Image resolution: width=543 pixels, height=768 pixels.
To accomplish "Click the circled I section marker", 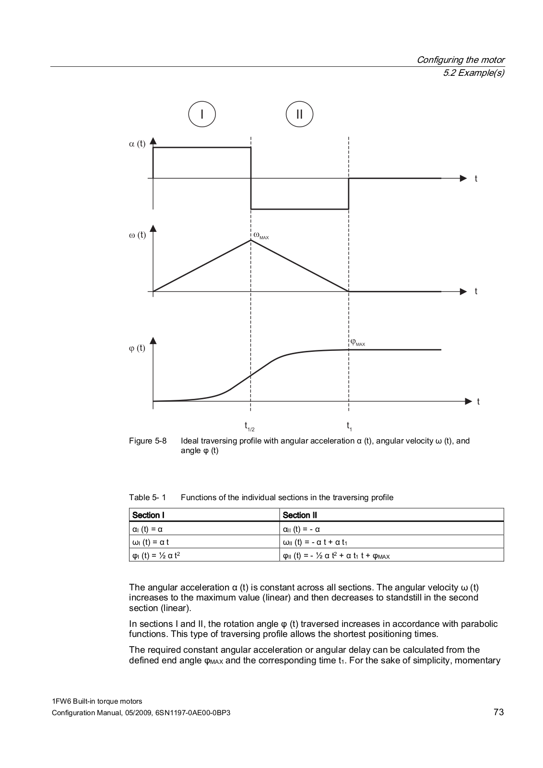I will click(202, 114).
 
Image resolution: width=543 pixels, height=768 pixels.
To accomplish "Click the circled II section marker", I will click(299, 114).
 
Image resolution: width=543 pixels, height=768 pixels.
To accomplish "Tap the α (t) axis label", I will click(137, 144).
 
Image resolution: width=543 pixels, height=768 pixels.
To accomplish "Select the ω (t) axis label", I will click(137, 235).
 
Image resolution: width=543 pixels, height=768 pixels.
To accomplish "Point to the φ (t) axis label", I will click(137, 348).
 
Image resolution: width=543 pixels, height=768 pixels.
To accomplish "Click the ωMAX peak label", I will click(261, 236).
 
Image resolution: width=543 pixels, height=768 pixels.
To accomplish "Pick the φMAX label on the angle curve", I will click(357, 343).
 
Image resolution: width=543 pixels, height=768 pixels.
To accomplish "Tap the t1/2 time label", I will click(249, 426).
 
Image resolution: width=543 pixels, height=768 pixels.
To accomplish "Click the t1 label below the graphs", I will click(349, 426).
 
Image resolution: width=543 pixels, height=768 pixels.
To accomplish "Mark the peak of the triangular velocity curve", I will click(251, 240).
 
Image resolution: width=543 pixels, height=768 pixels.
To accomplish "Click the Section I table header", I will click(148, 515).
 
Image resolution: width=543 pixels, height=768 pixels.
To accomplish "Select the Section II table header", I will click(300, 515).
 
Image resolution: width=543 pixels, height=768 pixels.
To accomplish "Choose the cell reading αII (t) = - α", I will click(301, 529).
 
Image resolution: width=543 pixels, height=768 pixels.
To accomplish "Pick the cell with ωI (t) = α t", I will click(151, 542).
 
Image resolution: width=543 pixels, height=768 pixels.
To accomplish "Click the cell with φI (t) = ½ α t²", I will click(156, 555).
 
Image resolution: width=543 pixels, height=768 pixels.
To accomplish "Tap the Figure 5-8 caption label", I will click(148, 441).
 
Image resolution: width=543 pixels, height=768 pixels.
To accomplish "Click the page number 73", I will click(498, 712).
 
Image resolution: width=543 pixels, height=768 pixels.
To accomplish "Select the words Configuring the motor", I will click(460, 60).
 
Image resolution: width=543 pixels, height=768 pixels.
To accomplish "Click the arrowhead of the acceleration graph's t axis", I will click(463, 179).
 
